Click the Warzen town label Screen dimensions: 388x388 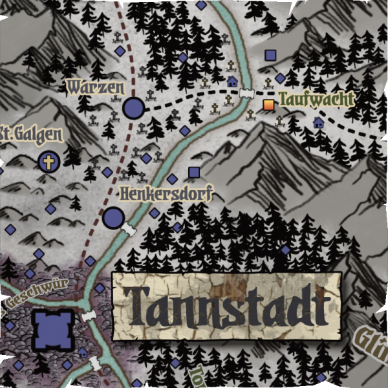tap(95, 85)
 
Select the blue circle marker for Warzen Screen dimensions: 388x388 tap(134, 108)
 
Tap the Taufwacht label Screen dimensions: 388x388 tap(316, 99)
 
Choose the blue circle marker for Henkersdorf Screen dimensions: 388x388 tap(113, 217)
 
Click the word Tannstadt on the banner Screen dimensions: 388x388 tap(226, 305)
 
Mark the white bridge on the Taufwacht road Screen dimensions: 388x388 tap(245, 94)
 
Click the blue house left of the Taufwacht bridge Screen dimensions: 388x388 tap(232, 82)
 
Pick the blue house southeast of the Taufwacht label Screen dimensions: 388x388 tap(318, 122)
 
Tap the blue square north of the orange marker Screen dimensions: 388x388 tap(270, 55)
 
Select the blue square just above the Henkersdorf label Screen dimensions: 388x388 tap(193, 172)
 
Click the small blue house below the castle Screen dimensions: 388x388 tap(82, 353)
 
